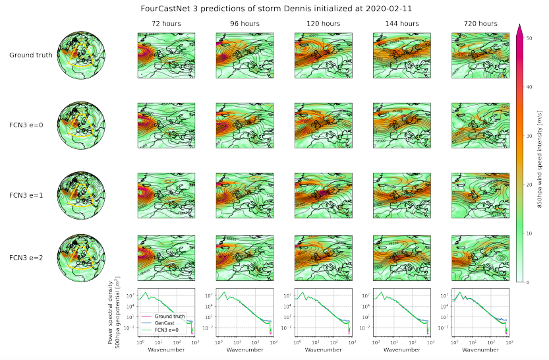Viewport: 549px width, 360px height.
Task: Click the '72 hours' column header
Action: (165, 24)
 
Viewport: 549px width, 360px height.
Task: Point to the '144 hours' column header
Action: (401, 24)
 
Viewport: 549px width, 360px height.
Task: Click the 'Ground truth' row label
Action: (30, 55)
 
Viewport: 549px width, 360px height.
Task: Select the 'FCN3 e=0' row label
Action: (30, 123)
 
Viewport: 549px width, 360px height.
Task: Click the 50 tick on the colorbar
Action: (530, 38)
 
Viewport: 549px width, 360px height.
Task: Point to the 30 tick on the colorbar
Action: (530, 136)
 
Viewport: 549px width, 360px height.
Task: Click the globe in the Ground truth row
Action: (82, 55)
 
